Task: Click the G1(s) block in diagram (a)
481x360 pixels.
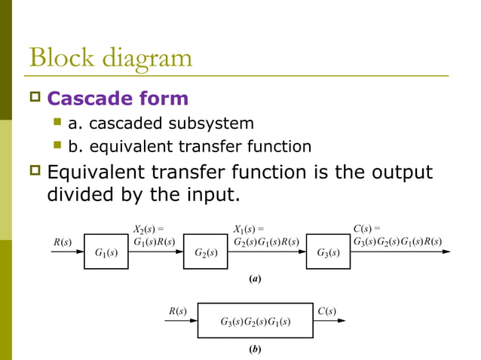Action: (106, 252)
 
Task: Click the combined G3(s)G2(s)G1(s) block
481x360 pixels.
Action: (256, 322)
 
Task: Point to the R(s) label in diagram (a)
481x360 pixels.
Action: (62, 241)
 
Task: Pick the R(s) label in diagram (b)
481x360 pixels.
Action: (177, 310)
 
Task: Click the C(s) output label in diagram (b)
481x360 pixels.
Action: (326, 310)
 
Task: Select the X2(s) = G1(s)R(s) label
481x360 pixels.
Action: (153, 235)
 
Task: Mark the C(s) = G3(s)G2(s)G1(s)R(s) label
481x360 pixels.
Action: (397, 235)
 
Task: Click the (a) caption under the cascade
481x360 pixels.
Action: (255, 279)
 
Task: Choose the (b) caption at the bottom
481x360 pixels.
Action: (255, 350)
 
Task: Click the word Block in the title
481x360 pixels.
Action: (61, 58)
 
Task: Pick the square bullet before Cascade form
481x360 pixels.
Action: (34, 99)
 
